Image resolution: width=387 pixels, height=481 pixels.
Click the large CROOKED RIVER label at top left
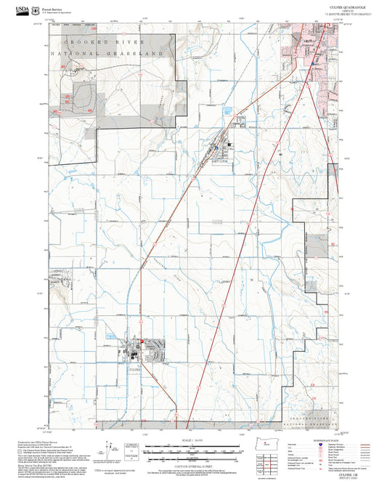tap(115, 44)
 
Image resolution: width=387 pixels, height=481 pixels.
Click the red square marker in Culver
tap(142, 343)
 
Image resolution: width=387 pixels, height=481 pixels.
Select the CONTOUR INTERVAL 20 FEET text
tap(193, 464)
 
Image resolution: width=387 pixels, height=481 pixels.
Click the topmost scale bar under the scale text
tap(193, 445)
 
